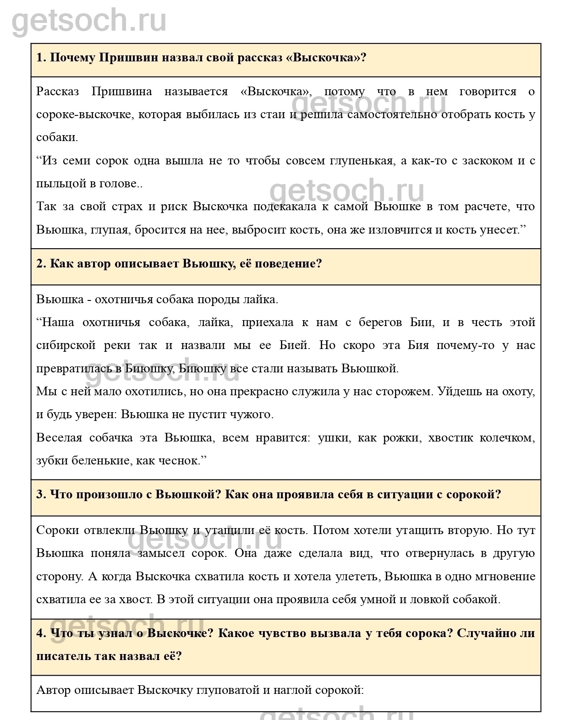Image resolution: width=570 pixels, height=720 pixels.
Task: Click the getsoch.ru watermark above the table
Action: point(89,21)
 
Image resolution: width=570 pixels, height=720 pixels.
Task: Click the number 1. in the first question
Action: point(41,58)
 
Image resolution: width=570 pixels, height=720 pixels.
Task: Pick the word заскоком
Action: point(487,161)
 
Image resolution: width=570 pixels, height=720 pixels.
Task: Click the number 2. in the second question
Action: point(41,264)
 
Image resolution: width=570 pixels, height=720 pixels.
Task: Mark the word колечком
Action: point(507,437)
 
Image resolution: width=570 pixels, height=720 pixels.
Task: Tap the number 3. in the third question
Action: point(41,495)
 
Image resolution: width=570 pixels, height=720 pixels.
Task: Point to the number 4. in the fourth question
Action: point(41,633)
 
